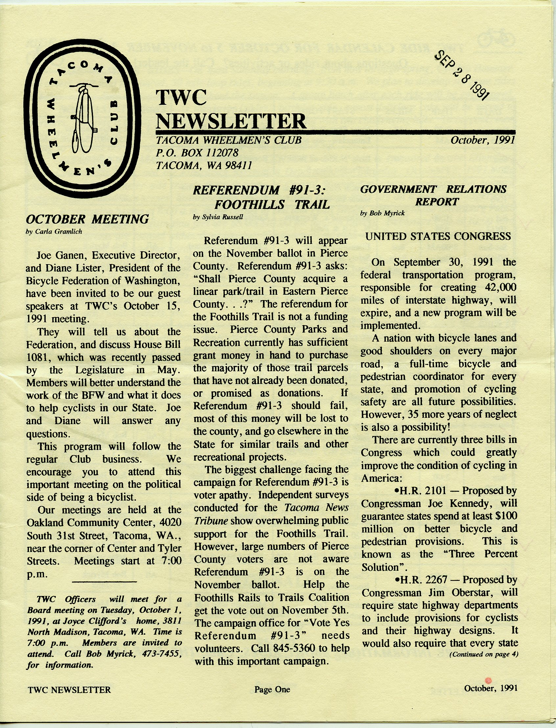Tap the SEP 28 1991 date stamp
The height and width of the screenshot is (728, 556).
[462, 75]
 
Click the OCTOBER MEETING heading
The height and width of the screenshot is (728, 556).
[87, 219]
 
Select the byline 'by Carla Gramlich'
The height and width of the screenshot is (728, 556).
[54, 232]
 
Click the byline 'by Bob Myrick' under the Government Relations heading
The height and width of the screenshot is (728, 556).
[382, 214]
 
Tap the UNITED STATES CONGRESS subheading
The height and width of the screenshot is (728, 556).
[438, 236]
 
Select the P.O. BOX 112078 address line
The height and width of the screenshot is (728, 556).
[197, 152]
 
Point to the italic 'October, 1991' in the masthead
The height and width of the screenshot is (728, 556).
[482, 140]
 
